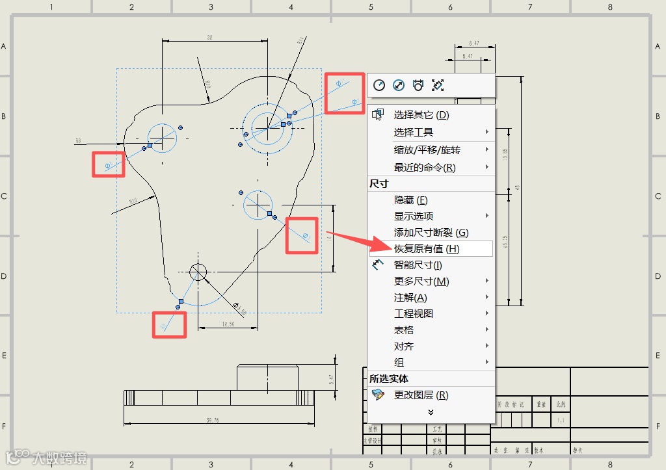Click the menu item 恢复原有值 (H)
tap(427, 248)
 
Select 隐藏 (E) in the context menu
tap(411, 200)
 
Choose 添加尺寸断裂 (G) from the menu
tap(431, 232)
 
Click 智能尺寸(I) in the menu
tap(418, 265)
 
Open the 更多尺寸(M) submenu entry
tap(421, 281)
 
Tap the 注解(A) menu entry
tap(410, 297)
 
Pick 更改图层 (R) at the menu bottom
tap(421, 395)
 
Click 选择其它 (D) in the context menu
tap(421, 115)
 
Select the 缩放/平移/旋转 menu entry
tap(427, 150)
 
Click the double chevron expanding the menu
tap(431, 411)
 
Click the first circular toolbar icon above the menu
tap(379, 85)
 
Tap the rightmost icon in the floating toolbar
tap(438, 85)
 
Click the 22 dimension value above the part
tap(209, 38)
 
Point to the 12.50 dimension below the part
tap(228, 324)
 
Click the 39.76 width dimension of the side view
tap(212, 421)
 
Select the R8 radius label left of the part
tap(78, 140)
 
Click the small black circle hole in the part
tap(198, 271)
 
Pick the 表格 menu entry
tap(404, 330)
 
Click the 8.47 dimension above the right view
tap(473, 44)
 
